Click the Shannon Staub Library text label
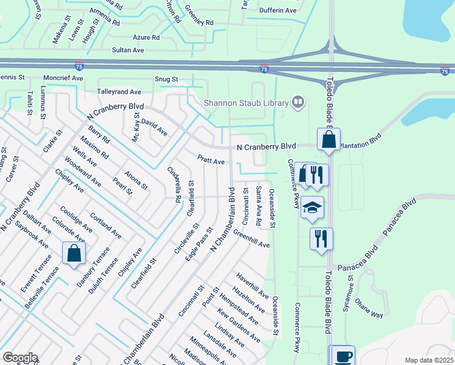[245, 103]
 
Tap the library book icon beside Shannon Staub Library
[297, 102]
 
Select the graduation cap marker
[312, 207]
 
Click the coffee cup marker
[343, 355]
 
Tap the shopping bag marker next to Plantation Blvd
[328, 140]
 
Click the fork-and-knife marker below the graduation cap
[321, 238]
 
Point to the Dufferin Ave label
[277, 10]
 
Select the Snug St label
[165, 79]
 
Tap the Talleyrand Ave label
[119, 91]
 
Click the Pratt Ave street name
[211, 161]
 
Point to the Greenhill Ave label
[251, 240]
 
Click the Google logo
[20, 358]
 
